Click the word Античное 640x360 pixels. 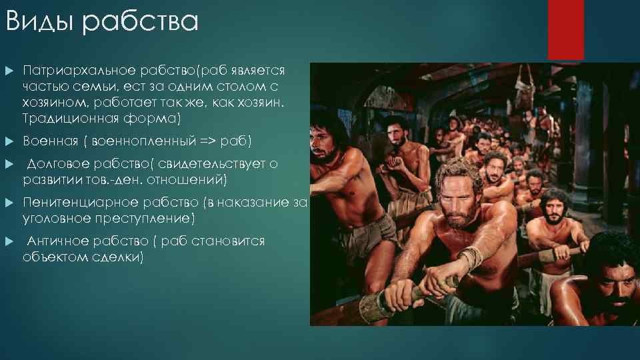[57, 241]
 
